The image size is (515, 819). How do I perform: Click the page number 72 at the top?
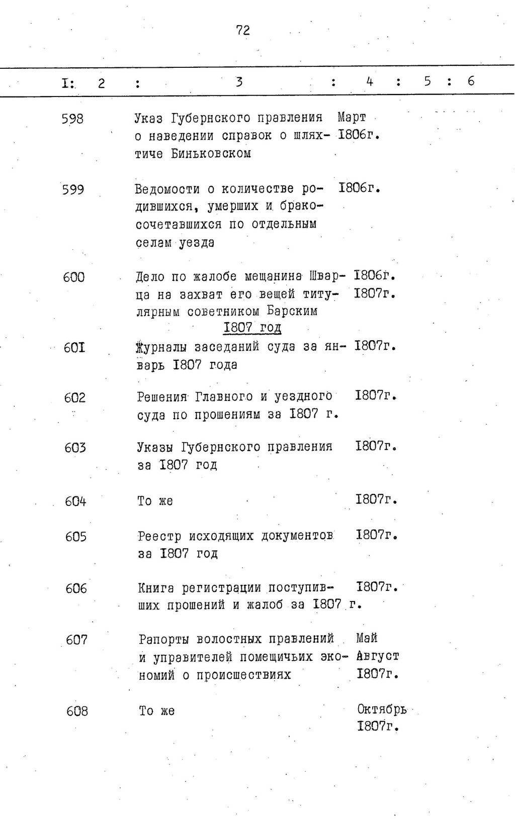pos(243,31)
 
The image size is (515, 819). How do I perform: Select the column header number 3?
pos(239,81)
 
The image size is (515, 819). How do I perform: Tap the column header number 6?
pos(471,81)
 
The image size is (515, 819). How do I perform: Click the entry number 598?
pos(72,119)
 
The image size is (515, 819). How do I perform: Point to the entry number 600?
pos(73,277)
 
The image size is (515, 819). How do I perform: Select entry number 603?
pos(75,447)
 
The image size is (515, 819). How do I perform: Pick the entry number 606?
pos(76,588)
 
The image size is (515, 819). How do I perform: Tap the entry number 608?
pos(77,711)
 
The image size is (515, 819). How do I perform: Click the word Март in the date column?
pos(352,118)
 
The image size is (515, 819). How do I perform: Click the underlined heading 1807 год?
pos(252,328)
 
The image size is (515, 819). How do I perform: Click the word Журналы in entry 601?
pos(162,347)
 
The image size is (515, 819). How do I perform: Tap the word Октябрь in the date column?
pos(382,709)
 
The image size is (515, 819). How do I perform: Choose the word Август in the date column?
pos(378,656)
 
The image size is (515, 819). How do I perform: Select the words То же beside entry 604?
pos(155,501)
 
